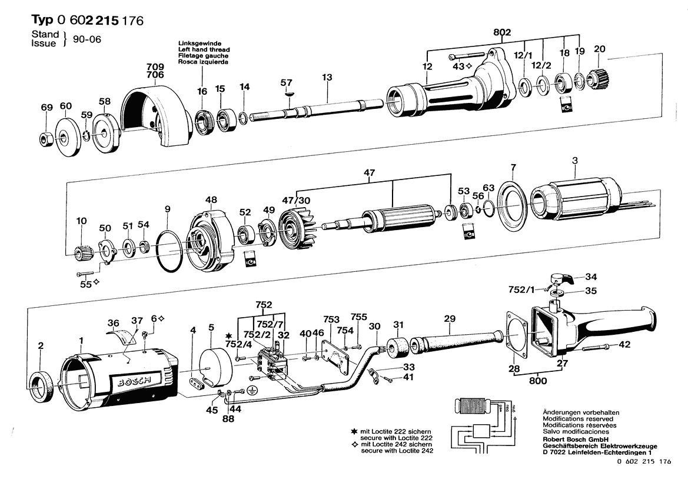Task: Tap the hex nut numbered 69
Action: point(46,139)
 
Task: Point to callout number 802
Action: point(503,31)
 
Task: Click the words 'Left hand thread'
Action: point(204,50)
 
